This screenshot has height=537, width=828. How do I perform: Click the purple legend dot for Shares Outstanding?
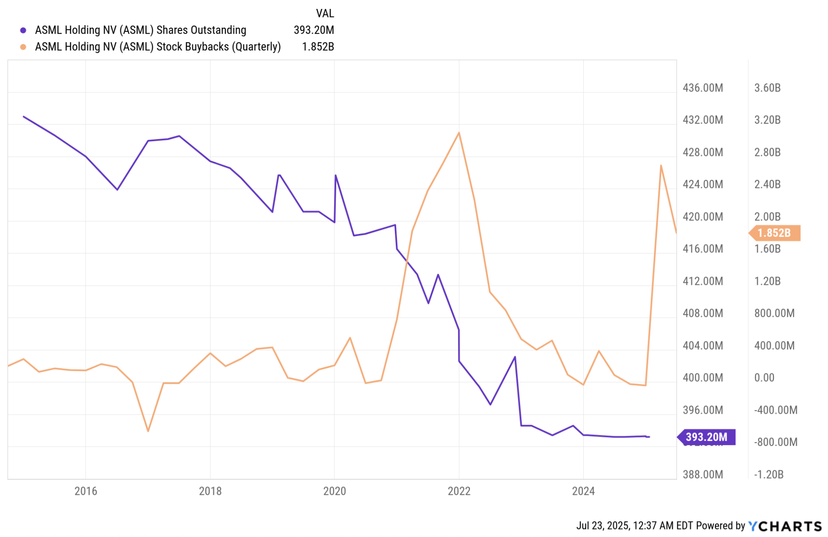(23, 30)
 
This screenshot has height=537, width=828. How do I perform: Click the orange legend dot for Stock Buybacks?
(23, 47)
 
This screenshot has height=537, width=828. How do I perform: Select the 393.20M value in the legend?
(313, 30)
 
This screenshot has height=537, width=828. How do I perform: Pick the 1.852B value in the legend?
(318, 47)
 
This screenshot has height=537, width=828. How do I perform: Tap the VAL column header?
(325, 13)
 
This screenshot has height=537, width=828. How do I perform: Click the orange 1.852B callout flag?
(775, 233)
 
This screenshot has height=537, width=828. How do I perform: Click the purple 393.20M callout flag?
(707, 437)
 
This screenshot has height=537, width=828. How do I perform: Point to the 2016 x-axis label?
(85, 491)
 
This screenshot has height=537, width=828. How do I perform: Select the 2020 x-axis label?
(334, 491)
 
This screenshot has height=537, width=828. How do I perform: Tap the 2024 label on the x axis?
(583, 491)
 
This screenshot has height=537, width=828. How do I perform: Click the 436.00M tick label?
(703, 88)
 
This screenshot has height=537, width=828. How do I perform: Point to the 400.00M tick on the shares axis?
(703, 378)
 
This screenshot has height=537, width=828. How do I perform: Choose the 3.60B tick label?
(767, 88)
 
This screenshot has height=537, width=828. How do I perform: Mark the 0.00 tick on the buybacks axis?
(764, 378)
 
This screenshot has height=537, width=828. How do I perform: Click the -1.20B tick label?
(769, 474)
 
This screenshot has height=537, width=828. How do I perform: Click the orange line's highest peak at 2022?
(459, 133)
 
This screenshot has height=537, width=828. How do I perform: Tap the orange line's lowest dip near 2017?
(148, 431)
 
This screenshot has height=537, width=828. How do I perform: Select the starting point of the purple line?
(24, 116)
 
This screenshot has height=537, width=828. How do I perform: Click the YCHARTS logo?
(785, 526)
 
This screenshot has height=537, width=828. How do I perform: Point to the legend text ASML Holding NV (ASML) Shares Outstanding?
(140, 30)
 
